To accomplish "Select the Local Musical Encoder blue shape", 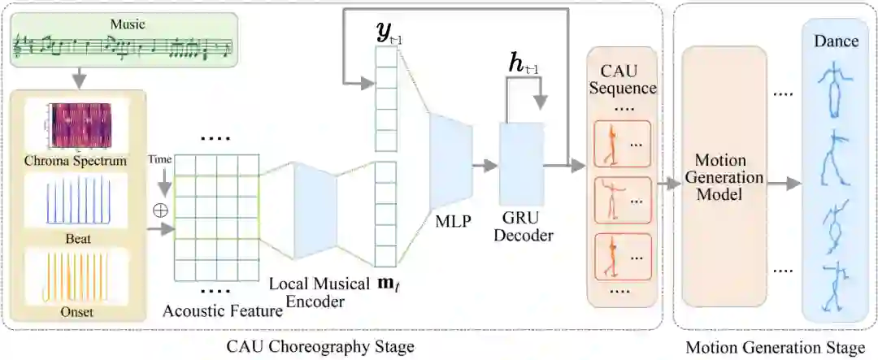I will [315, 206].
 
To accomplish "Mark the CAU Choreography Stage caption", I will [319, 347].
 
